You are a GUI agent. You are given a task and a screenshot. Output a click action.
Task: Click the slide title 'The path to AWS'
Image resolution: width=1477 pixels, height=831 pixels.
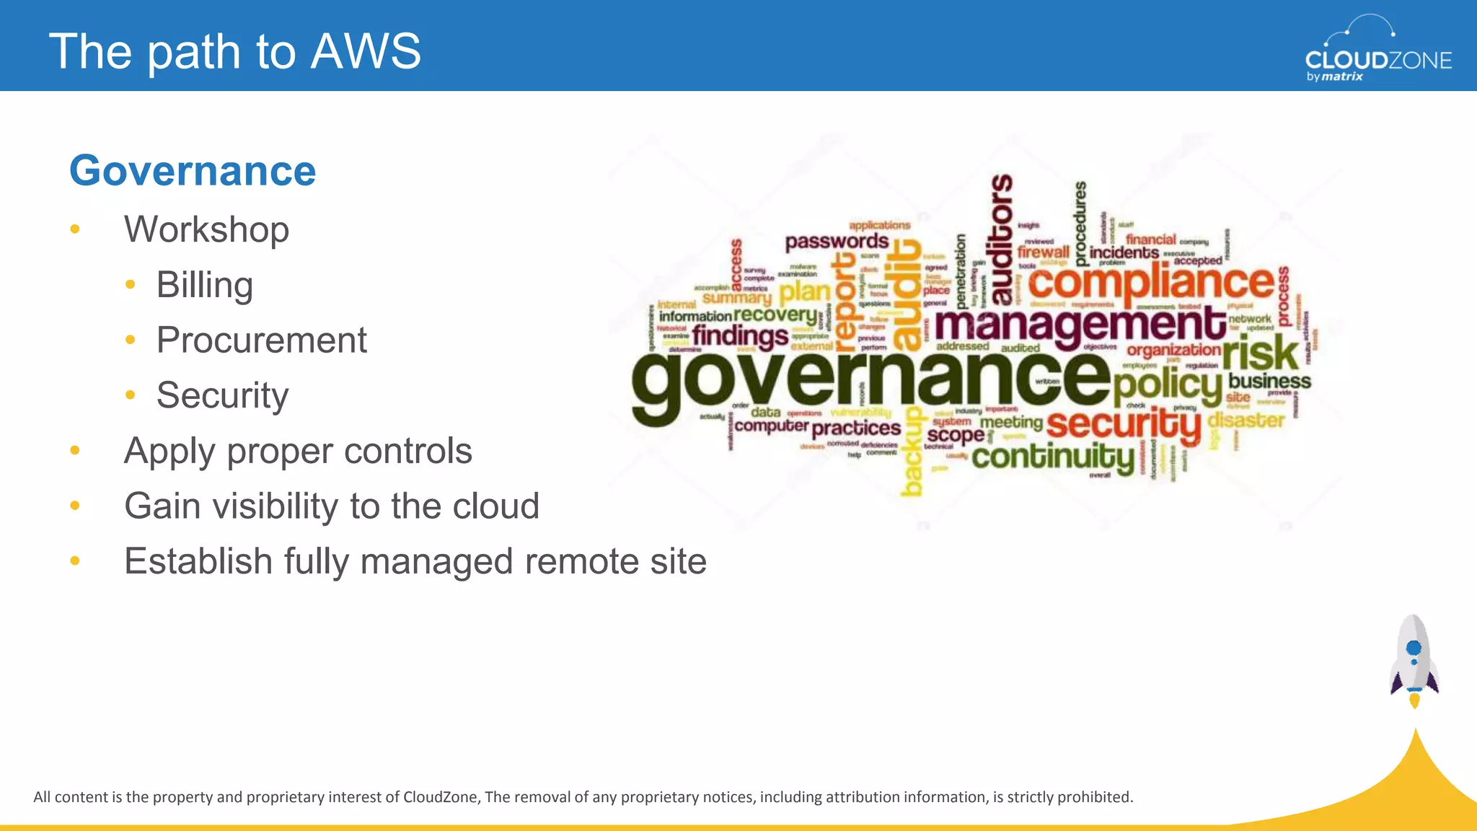tap(234, 51)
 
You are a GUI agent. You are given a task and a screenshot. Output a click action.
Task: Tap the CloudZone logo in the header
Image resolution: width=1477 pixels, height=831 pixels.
tap(1377, 50)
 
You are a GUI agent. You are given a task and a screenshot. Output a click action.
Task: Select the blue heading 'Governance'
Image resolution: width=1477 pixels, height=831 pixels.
tap(193, 171)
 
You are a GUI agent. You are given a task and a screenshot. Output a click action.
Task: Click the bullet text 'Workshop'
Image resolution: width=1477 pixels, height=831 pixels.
tap(206, 229)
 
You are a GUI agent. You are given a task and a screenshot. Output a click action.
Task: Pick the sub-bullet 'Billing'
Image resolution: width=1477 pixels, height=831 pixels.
tap(204, 285)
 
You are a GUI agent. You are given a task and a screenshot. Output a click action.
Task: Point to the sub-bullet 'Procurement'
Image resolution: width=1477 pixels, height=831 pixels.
tap(261, 340)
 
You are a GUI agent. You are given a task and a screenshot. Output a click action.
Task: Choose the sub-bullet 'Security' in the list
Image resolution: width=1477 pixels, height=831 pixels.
tap(222, 395)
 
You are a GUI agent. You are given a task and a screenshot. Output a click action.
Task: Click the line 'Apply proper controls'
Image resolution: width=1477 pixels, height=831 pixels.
tap(298, 451)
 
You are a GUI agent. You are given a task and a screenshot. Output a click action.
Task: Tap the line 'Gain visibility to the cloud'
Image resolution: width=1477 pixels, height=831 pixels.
tap(331, 506)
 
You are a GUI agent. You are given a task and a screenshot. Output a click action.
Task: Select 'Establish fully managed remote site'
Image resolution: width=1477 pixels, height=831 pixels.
tap(415, 561)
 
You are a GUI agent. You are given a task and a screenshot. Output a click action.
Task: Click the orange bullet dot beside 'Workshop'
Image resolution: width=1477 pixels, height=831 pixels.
tap(75, 230)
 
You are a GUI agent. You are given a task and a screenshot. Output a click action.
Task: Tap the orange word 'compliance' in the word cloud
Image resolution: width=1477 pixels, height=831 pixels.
tap(1151, 283)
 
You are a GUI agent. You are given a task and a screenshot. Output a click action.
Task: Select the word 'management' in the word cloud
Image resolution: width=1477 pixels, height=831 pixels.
tap(1080, 325)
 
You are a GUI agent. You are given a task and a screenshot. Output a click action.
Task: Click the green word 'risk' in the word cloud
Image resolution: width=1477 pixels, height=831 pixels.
tap(1261, 353)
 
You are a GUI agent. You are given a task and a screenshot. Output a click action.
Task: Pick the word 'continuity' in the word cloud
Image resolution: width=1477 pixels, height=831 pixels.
tap(1053, 457)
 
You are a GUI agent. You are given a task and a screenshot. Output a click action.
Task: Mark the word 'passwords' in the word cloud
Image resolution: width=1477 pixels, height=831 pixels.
tap(837, 241)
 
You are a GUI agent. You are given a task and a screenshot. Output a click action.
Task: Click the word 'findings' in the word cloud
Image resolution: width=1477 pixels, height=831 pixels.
tap(740, 336)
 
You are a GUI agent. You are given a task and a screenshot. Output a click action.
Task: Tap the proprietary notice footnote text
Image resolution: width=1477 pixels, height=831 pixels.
tap(583, 797)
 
